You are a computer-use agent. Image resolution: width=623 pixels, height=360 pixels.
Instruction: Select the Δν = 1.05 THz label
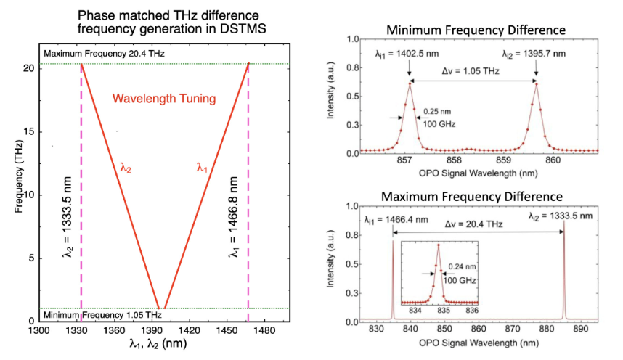pos(473,73)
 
